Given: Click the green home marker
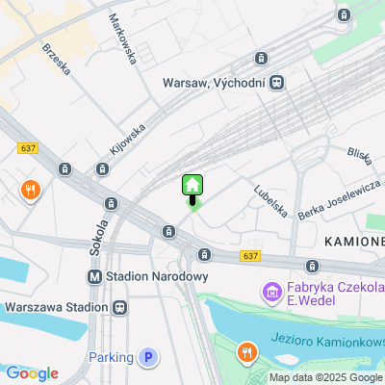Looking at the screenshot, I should click(x=192, y=185).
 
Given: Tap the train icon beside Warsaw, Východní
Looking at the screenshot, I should click(x=277, y=83).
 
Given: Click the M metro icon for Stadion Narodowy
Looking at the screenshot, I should click(x=94, y=276).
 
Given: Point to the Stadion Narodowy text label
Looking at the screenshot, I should click(x=158, y=276).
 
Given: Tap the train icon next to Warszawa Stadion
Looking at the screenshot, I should click(x=119, y=307).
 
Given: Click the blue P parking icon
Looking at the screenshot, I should click(x=147, y=357).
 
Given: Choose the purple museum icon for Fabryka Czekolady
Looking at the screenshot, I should click(x=271, y=291).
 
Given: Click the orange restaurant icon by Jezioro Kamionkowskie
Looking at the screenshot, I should click(x=249, y=352).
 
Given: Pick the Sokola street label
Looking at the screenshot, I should click(x=97, y=235).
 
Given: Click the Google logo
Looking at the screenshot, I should click(x=32, y=373).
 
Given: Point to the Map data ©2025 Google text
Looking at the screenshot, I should click(x=325, y=377).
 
